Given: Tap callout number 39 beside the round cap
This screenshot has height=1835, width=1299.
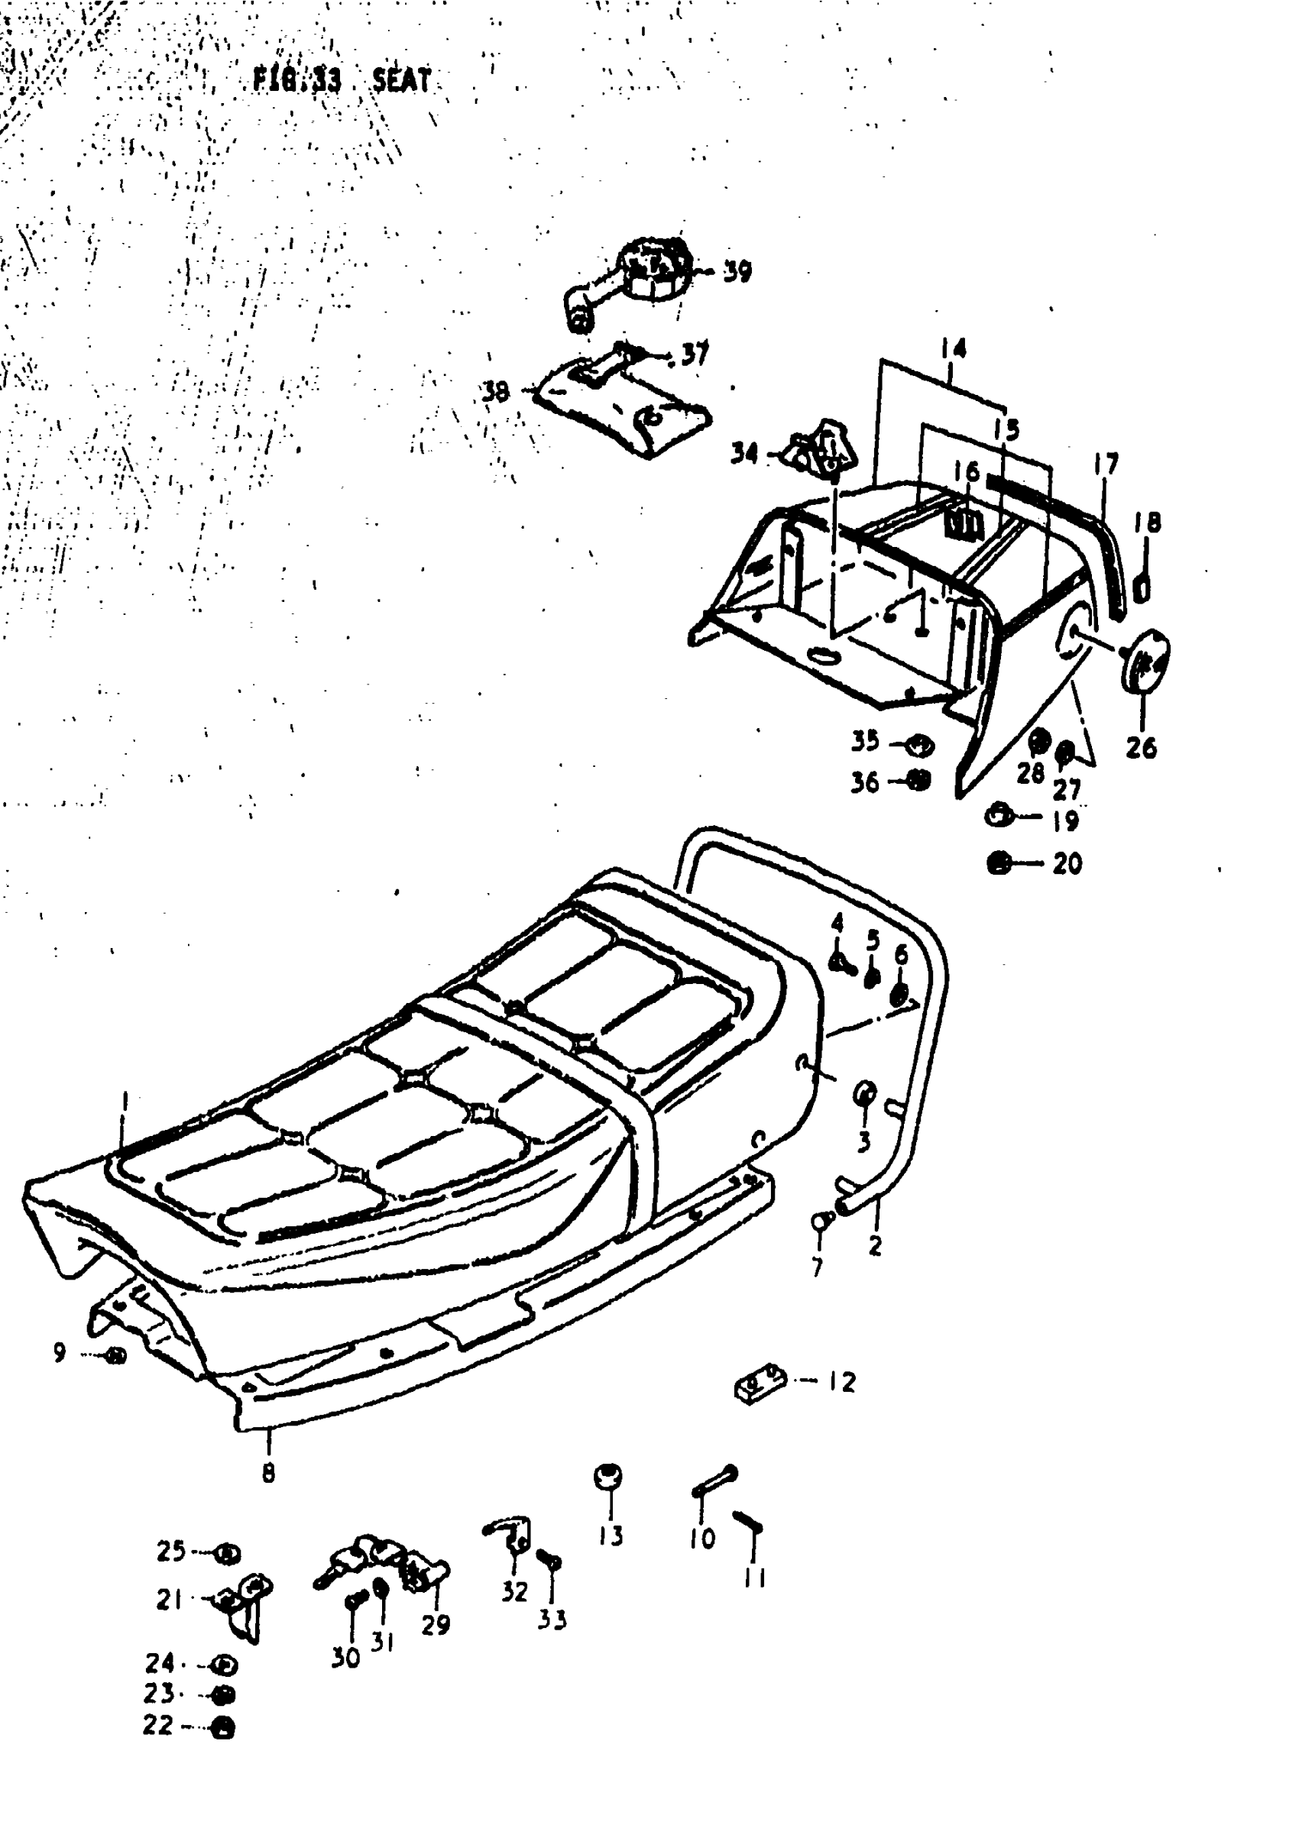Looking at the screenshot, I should coord(737,272).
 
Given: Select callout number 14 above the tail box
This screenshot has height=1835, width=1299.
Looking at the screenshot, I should coord(952,348).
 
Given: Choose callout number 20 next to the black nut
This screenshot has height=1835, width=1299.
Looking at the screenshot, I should coord(1067,863).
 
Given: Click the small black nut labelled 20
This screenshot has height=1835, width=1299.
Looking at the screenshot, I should coord(997,863).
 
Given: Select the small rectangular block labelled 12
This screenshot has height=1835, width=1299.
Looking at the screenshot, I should coord(761,1383).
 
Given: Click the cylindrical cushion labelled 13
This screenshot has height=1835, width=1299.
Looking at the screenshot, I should coord(610,1476).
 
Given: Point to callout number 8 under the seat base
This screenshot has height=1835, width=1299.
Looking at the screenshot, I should coord(269,1472).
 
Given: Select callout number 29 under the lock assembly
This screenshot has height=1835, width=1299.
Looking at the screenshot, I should coord(436,1624).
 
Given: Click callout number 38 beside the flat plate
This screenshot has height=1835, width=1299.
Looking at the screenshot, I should coord(496,392).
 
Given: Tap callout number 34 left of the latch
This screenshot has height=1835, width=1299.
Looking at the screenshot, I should coord(744,454).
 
